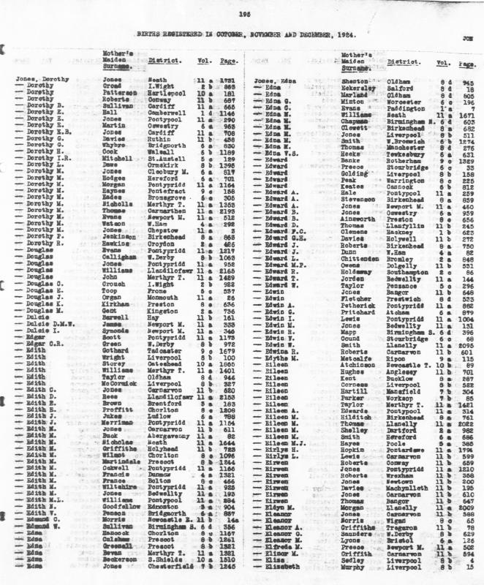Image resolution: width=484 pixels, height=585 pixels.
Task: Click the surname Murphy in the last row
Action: (354, 567)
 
